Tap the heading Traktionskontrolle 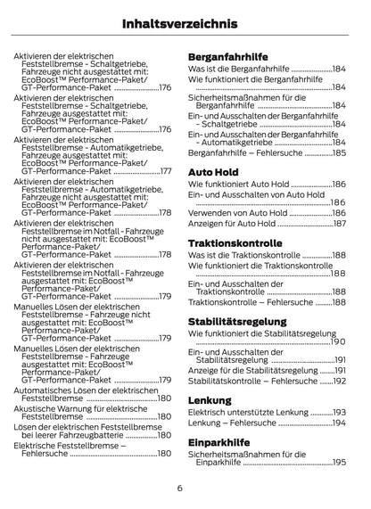click(x=235, y=242)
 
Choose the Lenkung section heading click(x=210, y=400)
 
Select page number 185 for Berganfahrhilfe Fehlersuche click(x=339, y=153)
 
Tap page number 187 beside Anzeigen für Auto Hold click(x=339, y=224)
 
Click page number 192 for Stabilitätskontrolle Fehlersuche click(x=339, y=381)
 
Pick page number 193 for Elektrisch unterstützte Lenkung click(x=339, y=412)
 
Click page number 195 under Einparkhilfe click(x=339, y=463)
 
